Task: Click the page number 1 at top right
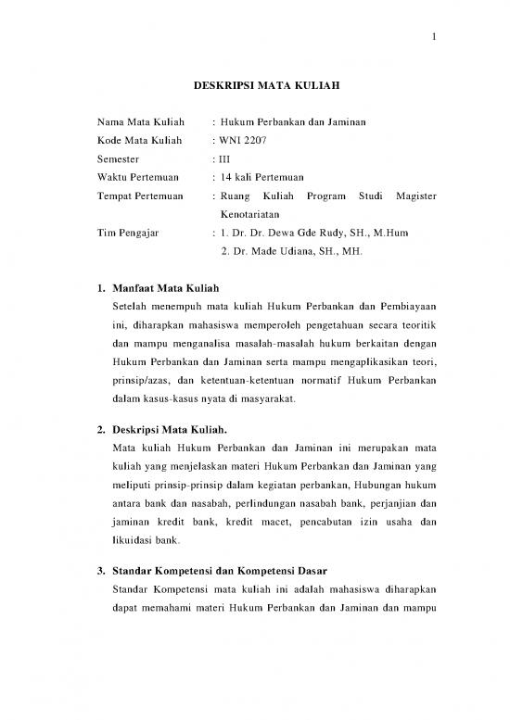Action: point(434,38)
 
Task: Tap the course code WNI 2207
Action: point(246,141)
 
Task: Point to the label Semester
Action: point(120,159)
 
